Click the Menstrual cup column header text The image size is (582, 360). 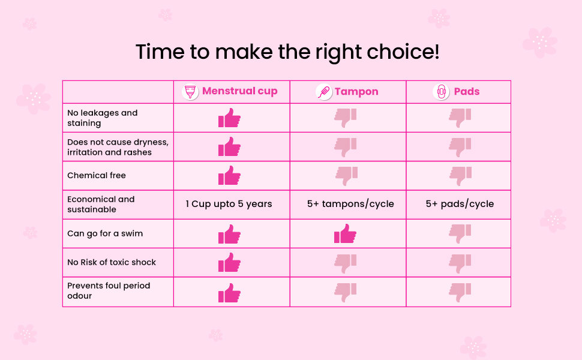tap(240, 91)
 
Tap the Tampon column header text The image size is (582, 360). tap(356, 92)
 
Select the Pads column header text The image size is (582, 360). tap(467, 92)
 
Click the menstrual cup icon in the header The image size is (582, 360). tap(190, 92)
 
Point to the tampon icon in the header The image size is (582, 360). tap(323, 92)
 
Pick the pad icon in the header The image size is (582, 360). tap(441, 92)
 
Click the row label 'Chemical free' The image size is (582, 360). tap(97, 176)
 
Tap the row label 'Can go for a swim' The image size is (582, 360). tap(105, 233)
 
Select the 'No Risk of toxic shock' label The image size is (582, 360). tap(112, 262)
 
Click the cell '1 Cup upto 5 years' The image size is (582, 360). tap(229, 204)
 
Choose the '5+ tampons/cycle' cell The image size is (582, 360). tap(350, 204)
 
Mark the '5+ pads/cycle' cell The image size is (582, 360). tap(460, 204)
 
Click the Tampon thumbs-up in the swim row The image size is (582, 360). tap(345, 234)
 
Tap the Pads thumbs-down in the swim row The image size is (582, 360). tap(460, 234)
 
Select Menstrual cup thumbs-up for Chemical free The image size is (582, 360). tap(229, 176)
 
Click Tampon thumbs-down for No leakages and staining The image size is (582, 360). tap(345, 118)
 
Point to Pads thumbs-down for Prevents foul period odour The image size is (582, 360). tap(460, 292)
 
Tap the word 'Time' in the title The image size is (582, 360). tap(160, 52)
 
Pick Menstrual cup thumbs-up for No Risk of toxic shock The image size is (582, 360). tap(229, 263)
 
